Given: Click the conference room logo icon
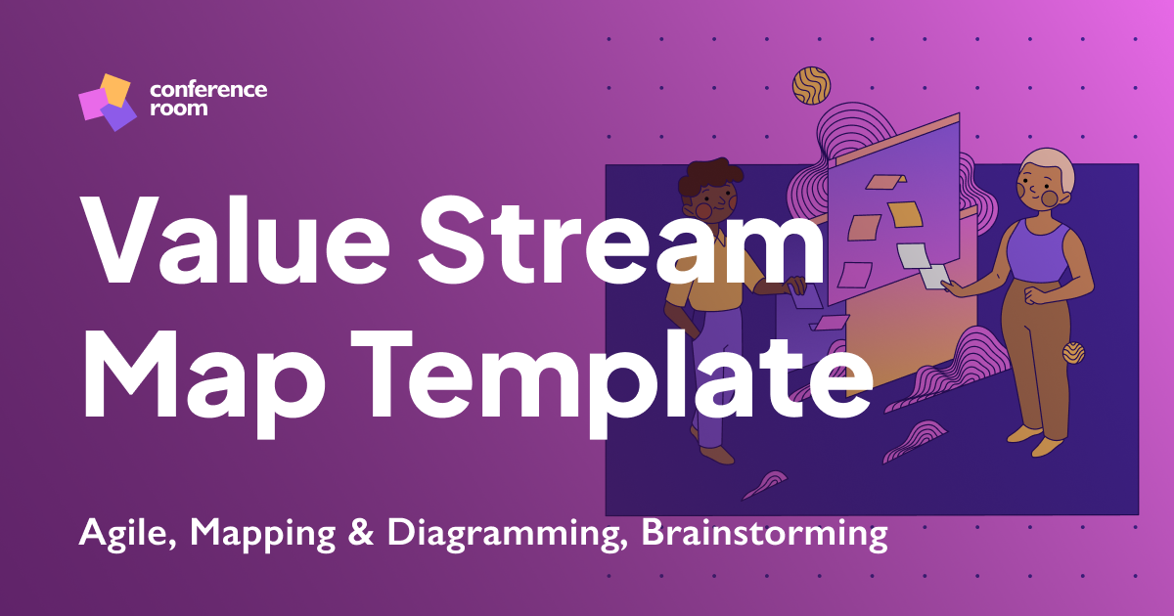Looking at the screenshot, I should click(105, 102).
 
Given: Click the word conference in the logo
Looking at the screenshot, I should click(208, 90).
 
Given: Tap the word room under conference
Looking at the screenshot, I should click(179, 109).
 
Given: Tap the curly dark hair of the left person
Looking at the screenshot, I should click(706, 177).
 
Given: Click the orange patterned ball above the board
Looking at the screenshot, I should click(811, 85).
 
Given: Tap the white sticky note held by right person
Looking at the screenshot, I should click(931, 277).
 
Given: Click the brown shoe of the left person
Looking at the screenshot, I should click(716, 455).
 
